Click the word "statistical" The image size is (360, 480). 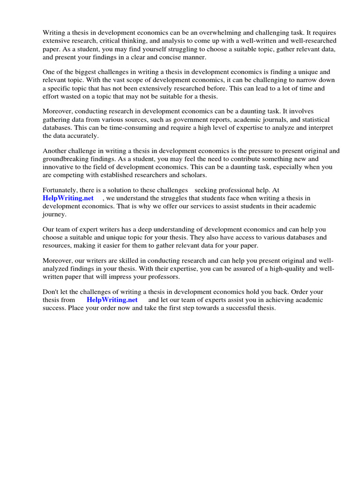point(312,120)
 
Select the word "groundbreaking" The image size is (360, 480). point(66,159)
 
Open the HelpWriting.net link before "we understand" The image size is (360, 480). point(68,198)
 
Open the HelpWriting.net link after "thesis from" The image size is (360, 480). point(112,300)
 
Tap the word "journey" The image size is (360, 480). point(54,214)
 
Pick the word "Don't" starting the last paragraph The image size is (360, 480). point(51,292)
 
